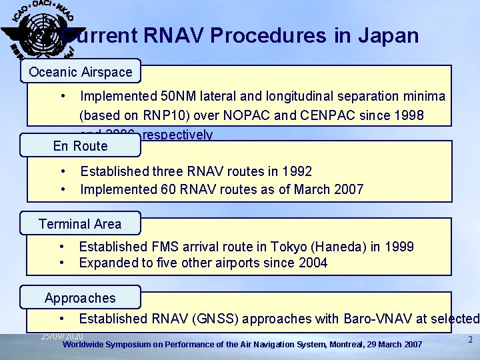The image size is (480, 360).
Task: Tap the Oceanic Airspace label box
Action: tap(80, 71)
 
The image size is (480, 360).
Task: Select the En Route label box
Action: tap(80, 146)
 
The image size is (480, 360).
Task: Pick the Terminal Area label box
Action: tap(80, 224)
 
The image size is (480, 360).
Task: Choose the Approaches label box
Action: tap(80, 298)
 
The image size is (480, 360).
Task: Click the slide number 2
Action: tap(469, 339)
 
